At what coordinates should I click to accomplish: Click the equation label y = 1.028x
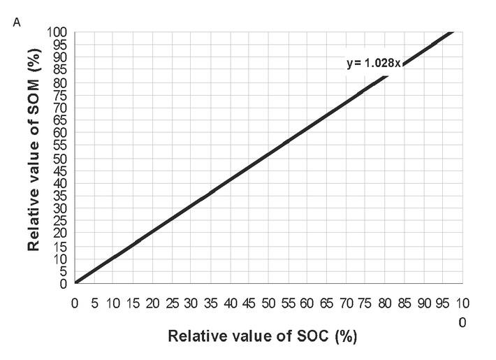pos(374,63)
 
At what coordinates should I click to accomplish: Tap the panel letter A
pos(17,23)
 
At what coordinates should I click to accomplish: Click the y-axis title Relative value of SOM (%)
pos(33,158)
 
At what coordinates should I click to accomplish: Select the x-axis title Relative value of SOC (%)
pos(262,336)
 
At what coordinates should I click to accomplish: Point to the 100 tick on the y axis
pos(58,31)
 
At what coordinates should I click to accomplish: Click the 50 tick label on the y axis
pos(61,158)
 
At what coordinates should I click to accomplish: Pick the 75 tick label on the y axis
pos(61,94)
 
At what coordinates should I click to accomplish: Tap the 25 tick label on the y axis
pos(61,221)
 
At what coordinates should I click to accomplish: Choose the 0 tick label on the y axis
pos(65,284)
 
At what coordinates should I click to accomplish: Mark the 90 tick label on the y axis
pos(61,57)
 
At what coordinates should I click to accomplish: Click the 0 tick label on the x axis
pos(75,303)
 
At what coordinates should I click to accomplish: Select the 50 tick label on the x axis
pos(268,303)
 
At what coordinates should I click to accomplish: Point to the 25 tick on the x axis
pos(171,303)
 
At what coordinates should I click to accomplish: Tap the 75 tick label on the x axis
pos(364,303)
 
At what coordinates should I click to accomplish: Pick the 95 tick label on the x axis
pos(441,303)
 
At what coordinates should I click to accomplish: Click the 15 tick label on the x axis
pos(133,303)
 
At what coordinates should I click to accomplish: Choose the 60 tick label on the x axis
pos(306,303)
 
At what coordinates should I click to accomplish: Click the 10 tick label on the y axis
pos(61,259)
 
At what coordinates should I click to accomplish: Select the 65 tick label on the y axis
pos(61,120)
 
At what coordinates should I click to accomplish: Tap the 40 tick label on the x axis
pos(229,303)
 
